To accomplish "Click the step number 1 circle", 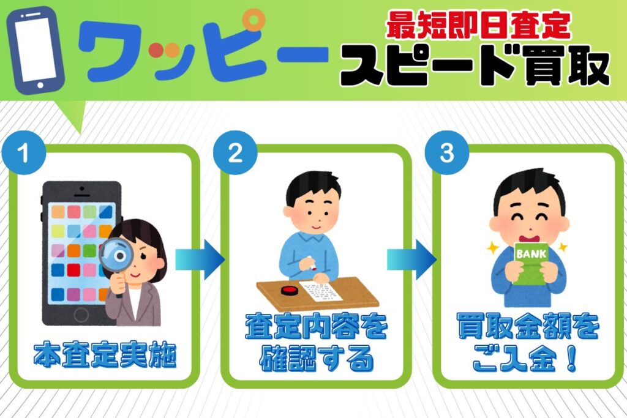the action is coord(24,152).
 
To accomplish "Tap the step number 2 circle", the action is coord(235,152).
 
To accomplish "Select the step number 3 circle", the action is coord(446,152).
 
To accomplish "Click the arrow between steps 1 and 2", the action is coord(200,259).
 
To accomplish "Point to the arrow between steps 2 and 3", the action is coord(411,259).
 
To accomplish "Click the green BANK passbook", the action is coord(531,263).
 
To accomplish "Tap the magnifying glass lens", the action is coord(116,255).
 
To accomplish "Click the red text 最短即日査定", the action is coord(478,25).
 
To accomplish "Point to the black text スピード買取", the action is coord(475,65).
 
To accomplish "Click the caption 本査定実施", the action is coord(105,354).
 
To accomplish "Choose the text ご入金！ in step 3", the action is coord(525,359).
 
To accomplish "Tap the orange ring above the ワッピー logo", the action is coord(253,20).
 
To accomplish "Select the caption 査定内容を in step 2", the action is coord(317,326).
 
